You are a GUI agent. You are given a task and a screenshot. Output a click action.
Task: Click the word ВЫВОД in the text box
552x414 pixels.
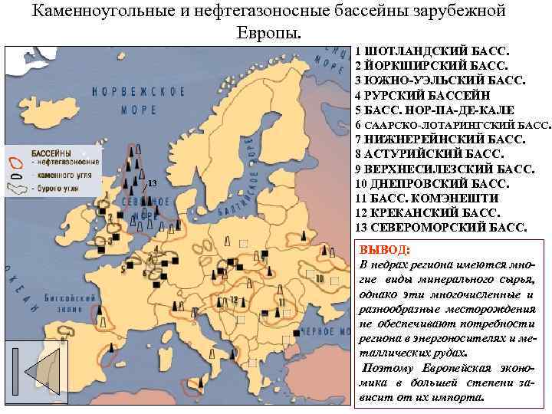(384, 250)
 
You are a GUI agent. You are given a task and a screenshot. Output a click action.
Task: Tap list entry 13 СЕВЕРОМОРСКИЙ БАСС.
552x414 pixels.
(442, 228)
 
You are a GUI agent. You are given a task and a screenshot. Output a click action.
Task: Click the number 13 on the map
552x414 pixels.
(152, 183)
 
